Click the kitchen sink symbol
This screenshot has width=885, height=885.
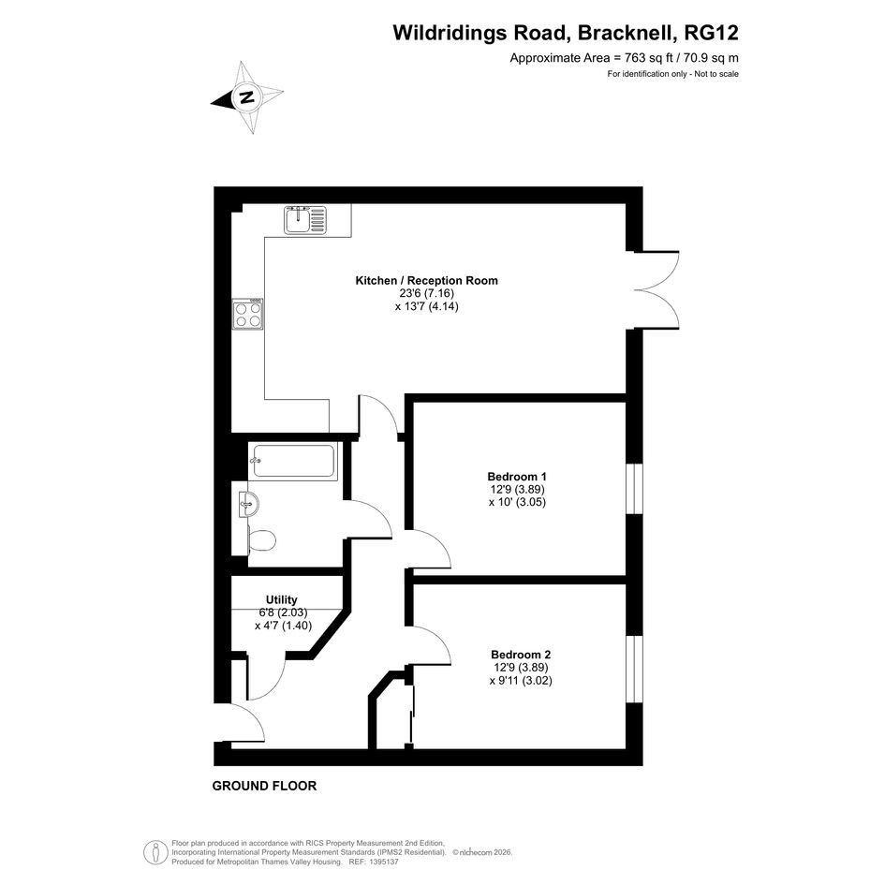click(x=305, y=220)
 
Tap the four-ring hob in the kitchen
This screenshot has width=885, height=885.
click(x=248, y=314)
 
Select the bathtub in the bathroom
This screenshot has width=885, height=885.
click(x=293, y=461)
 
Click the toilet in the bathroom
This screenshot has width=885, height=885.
click(x=262, y=540)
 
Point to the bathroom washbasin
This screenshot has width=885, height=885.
click(x=249, y=503)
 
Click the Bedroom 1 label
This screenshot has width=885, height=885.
click(x=517, y=477)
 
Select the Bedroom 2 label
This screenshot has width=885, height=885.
click(x=521, y=655)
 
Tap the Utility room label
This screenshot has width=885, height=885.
click(x=282, y=599)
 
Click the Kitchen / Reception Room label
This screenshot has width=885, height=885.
click(x=427, y=281)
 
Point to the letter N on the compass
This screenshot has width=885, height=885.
click(x=246, y=97)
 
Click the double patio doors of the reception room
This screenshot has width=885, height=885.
click(x=657, y=290)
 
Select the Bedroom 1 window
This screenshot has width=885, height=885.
click(x=635, y=489)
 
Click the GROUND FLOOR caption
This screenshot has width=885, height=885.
click(x=264, y=786)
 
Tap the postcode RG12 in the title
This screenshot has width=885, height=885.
click(x=711, y=33)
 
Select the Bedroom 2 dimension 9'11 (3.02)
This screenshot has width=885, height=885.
click(x=521, y=681)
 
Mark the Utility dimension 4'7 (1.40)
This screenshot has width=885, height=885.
click(x=283, y=626)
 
